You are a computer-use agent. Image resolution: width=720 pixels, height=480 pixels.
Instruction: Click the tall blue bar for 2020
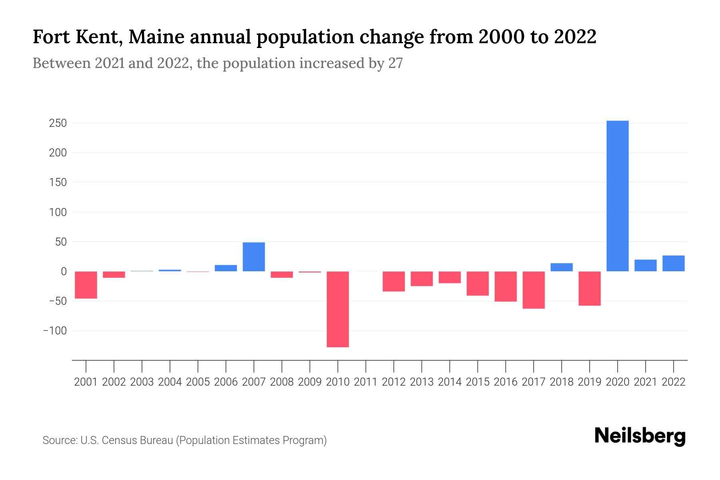coord(617,196)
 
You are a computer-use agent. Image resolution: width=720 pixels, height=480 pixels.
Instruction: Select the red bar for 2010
coord(338,309)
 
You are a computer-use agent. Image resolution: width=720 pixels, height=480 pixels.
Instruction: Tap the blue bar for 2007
coord(254,257)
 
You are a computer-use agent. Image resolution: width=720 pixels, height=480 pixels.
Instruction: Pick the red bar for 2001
coord(86,285)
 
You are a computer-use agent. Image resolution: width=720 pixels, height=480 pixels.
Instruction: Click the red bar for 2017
coord(534,290)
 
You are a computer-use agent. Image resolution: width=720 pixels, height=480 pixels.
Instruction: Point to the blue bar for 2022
coord(673,263)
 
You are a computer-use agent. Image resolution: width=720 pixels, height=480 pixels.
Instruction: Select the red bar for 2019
coord(589,288)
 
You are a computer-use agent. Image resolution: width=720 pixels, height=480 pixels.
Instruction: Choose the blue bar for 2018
coord(562,267)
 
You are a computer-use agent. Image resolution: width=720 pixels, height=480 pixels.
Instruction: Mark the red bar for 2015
coord(478,284)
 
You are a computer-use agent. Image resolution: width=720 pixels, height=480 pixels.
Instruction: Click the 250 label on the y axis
coord(58,123)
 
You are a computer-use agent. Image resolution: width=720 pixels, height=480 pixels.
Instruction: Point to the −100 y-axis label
coord(54,331)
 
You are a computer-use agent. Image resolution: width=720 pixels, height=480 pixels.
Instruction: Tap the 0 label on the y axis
coord(64,272)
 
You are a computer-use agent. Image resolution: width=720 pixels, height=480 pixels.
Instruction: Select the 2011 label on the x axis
coord(366,382)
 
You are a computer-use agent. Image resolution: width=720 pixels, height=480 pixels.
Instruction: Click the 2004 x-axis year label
coord(170,382)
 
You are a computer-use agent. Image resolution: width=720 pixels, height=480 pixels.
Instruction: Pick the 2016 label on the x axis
coord(506,382)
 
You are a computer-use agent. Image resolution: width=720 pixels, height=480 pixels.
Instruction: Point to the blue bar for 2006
coord(226,268)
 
